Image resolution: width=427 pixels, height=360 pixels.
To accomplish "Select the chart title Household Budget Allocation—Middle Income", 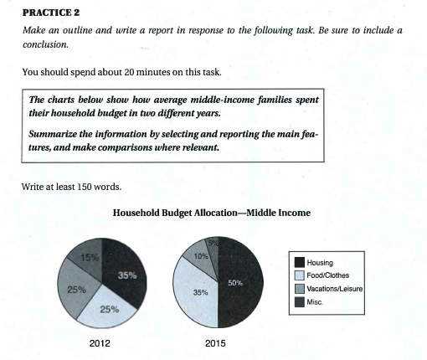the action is point(211,213).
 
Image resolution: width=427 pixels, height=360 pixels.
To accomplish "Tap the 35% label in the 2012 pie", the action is point(128,274).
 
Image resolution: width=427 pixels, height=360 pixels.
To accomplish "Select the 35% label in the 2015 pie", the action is point(200,293).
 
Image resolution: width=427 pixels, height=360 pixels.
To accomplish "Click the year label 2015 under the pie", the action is point(216,343).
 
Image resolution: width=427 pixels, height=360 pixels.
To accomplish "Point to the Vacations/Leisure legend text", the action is point(342,289).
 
